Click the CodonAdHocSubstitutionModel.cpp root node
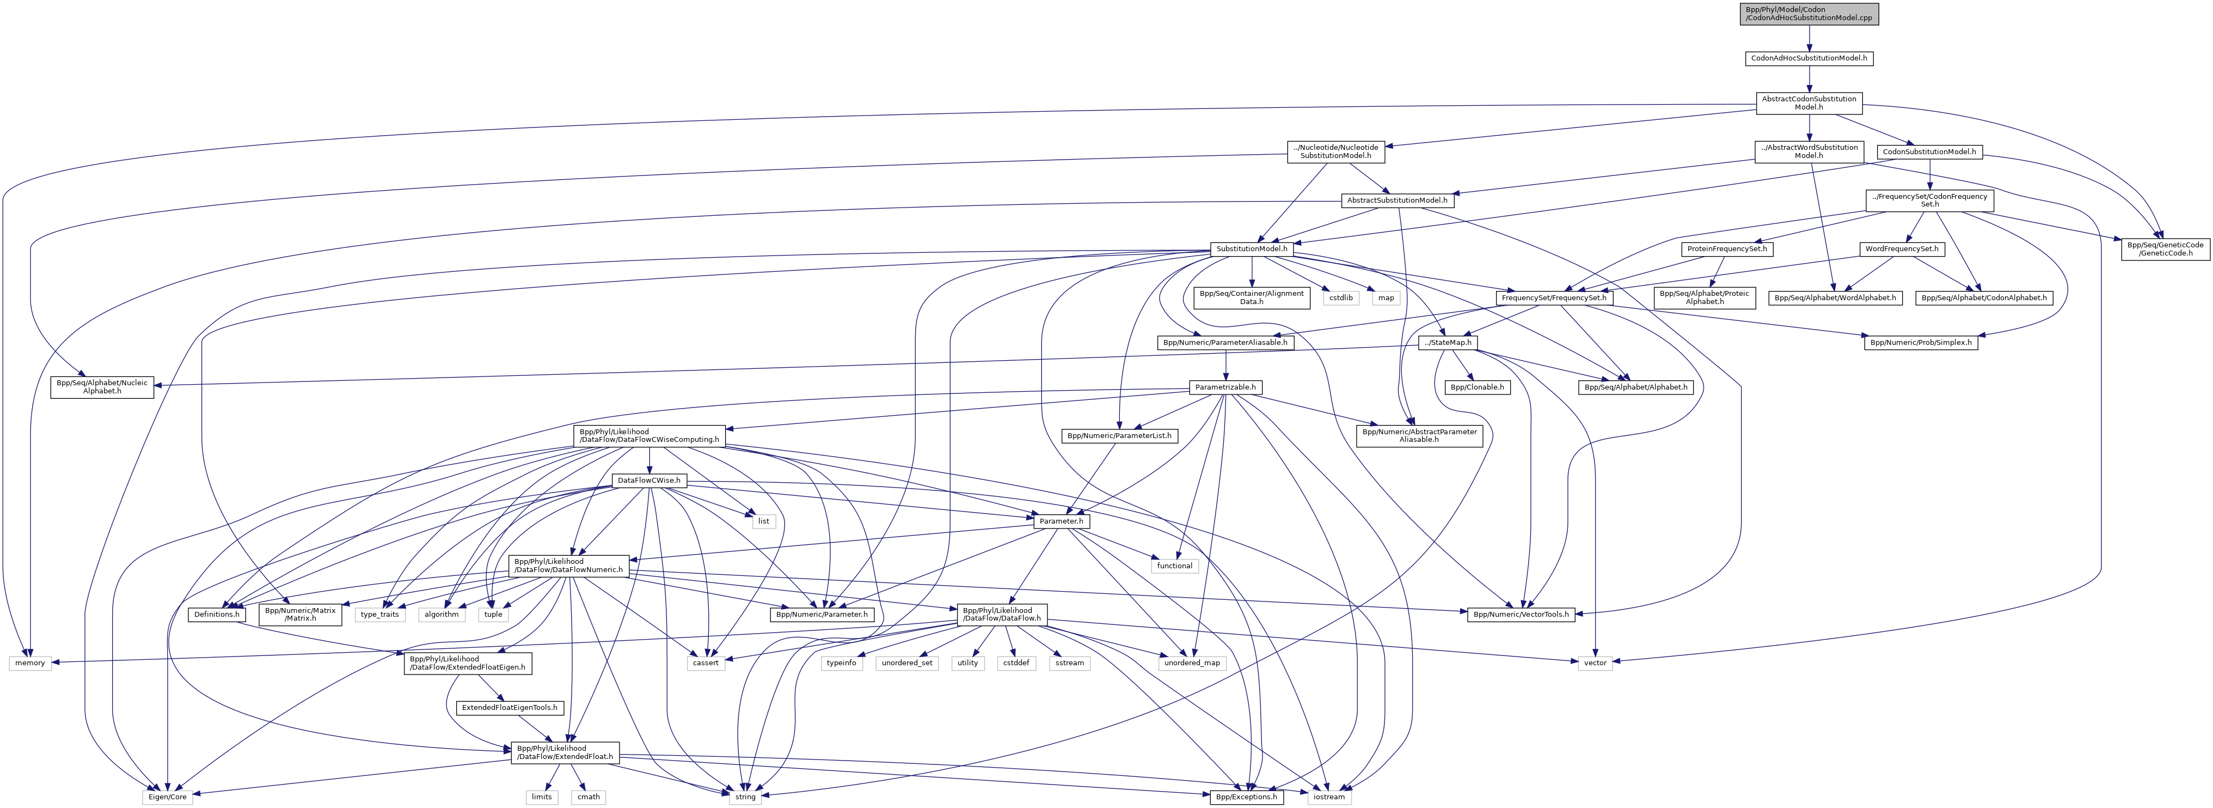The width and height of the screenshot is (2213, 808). click(x=1809, y=14)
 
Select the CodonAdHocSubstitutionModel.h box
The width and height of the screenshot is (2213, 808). click(x=1809, y=58)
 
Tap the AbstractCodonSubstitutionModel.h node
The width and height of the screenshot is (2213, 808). click(x=1809, y=103)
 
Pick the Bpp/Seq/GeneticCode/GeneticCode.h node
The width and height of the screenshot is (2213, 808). click(x=2165, y=250)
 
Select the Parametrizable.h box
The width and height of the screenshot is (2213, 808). click(x=1225, y=388)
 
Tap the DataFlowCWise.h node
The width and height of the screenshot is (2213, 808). click(x=648, y=481)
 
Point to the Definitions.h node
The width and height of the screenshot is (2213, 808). click(x=217, y=615)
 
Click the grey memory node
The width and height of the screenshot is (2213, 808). click(x=30, y=663)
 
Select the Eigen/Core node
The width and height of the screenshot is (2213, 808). click(x=167, y=797)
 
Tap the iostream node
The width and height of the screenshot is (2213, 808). click(x=1329, y=797)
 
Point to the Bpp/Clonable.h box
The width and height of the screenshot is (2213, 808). click(x=1478, y=388)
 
